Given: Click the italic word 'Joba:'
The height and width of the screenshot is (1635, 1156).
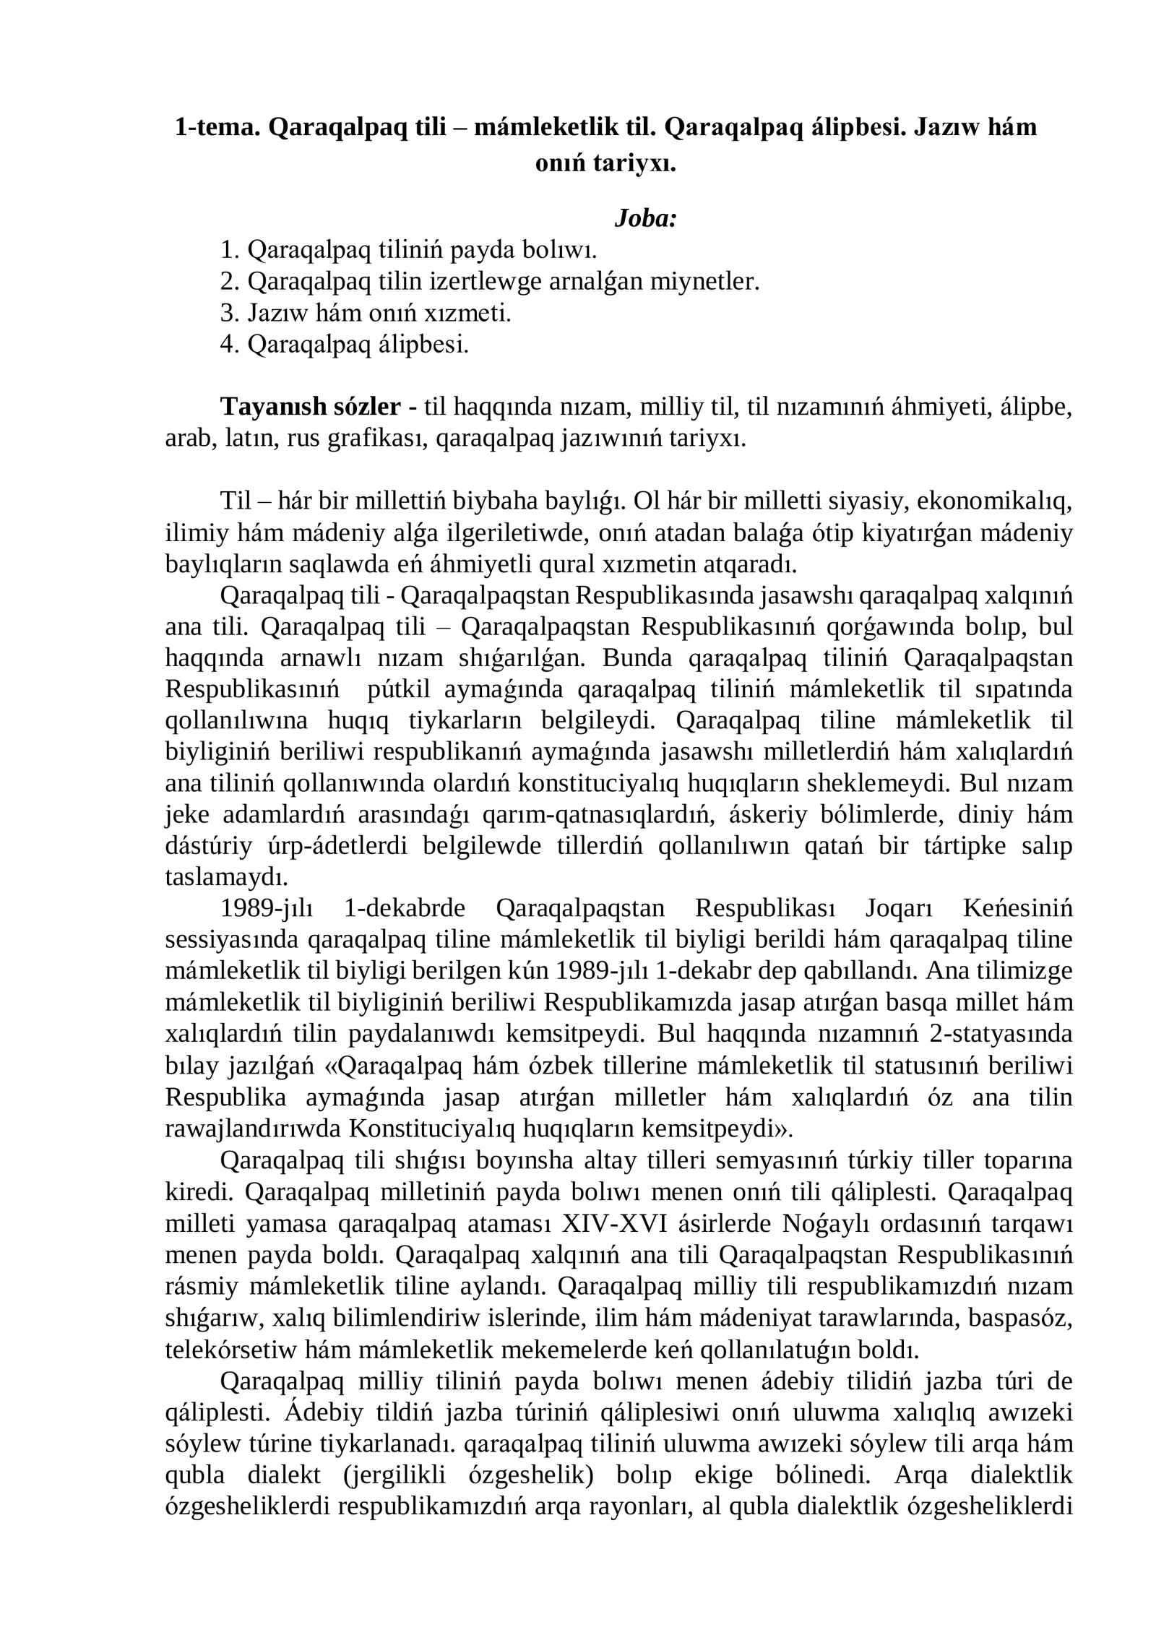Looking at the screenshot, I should click(x=644, y=217).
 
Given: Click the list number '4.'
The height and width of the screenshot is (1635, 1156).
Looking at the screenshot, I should click(x=229, y=345).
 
